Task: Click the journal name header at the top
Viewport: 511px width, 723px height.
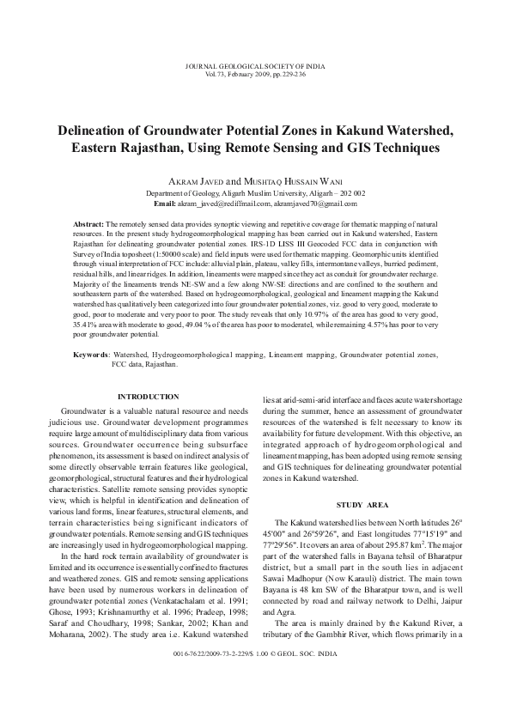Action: coord(255,66)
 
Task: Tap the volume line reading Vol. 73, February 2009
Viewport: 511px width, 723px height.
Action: coord(255,75)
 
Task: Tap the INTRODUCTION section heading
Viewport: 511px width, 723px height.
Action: coord(148,397)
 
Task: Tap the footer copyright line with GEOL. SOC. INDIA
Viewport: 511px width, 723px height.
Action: coord(255,677)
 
